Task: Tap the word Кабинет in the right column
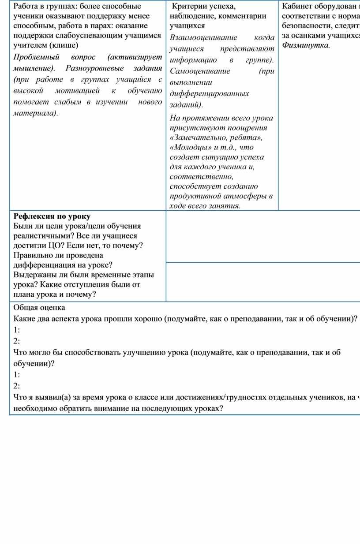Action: click(x=296, y=7)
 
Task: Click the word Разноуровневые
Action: click(x=93, y=68)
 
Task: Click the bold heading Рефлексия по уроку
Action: click(x=52, y=216)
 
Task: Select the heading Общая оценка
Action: click(x=39, y=308)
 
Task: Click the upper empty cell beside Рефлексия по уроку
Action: click(x=263, y=237)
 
